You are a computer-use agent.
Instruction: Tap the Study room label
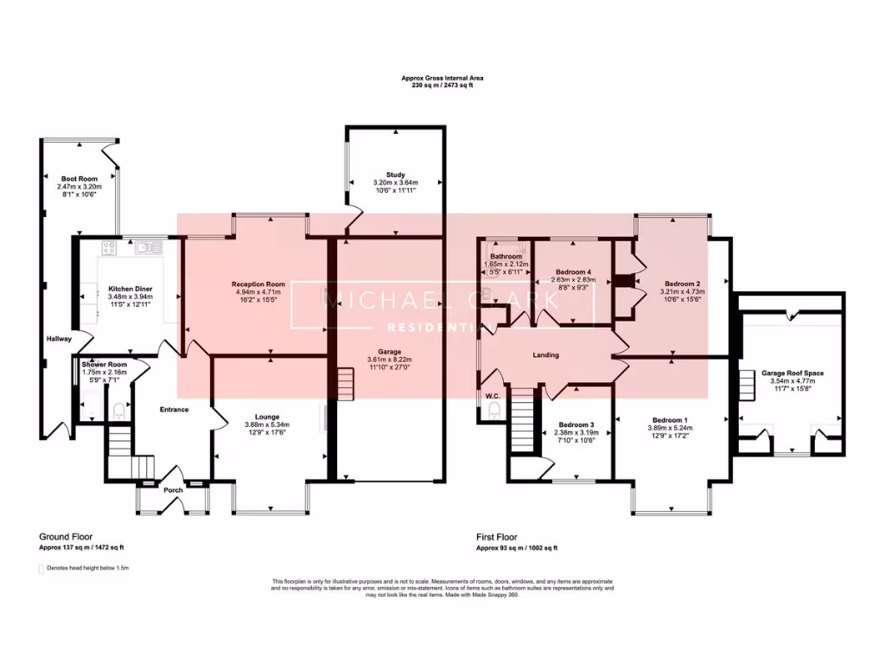(395, 175)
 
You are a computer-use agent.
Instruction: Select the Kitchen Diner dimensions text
(130, 297)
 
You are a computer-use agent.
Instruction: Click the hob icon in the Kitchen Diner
(111, 247)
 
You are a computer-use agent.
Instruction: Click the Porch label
(174, 490)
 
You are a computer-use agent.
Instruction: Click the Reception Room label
(258, 284)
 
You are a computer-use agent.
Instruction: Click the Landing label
(545, 354)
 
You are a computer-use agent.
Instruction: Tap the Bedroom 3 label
(576, 425)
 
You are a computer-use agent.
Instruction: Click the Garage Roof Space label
(793, 373)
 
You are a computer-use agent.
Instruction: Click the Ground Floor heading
(66, 536)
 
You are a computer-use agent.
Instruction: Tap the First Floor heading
(500, 536)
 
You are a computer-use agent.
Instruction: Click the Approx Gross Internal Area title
(442, 78)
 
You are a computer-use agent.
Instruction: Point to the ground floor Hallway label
(59, 338)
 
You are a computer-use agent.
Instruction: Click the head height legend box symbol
(41, 569)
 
